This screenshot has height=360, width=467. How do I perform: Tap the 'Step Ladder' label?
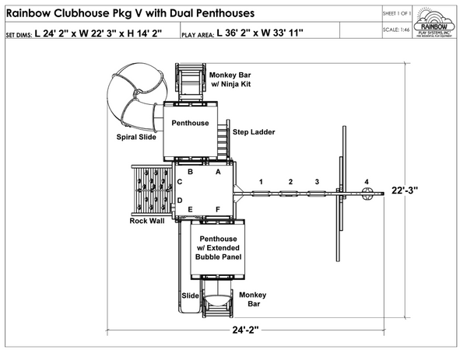click(x=253, y=132)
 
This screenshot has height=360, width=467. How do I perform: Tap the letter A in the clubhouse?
click(x=218, y=173)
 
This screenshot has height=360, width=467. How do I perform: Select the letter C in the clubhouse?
click(x=180, y=182)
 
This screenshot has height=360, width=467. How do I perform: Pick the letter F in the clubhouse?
click(x=218, y=209)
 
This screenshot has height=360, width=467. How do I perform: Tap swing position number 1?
click(x=262, y=181)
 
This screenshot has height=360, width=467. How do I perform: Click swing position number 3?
click(x=316, y=181)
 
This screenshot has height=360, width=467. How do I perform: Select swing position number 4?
click(x=367, y=181)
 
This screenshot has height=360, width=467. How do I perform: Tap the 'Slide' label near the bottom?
click(x=190, y=295)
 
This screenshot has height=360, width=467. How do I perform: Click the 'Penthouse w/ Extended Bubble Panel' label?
click(x=219, y=248)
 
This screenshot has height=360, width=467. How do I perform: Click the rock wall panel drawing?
click(x=150, y=190)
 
